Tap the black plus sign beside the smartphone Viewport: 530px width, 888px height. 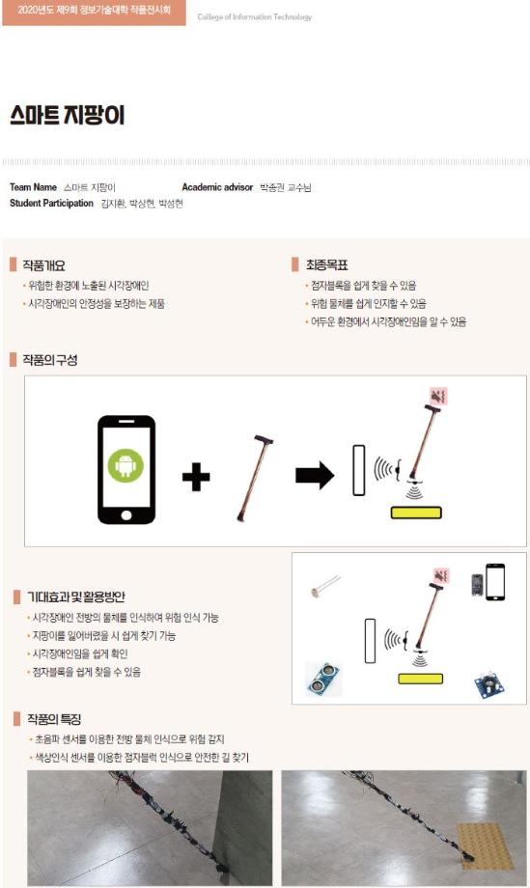196,476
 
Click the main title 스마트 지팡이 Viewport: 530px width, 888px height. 68,116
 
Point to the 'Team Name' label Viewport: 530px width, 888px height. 33,187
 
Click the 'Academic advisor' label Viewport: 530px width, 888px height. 217,187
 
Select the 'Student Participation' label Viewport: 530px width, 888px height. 51,204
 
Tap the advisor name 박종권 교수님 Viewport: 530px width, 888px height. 286,187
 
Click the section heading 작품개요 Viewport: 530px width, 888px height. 43,264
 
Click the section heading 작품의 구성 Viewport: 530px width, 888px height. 49,360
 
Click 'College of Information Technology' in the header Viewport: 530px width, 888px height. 254,17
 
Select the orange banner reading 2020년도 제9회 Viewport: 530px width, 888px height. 93,12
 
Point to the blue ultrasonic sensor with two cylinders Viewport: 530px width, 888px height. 323,679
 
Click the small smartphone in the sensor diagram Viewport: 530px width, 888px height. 494,582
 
